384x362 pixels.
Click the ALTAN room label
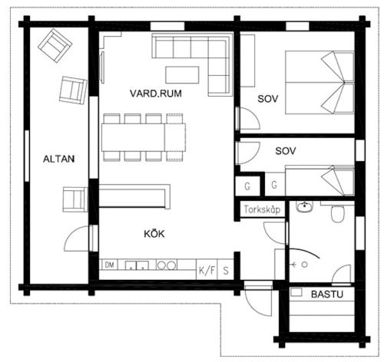tap(58, 159)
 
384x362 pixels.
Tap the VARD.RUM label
tap(156, 94)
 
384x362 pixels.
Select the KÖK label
tap(154, 234)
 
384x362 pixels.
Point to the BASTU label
tap(327, 295)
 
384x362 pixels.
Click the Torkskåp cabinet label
tap(262, 209)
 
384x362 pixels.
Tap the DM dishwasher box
tap(109, 265)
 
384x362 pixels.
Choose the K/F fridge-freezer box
tap(207, 270)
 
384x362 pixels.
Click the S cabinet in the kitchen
tap(226, 270)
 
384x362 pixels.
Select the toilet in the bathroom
tap(337, 213)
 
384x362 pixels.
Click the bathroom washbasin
tap(305, 206)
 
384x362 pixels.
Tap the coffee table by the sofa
tap(182, 75)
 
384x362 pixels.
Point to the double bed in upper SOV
tap(319, 82)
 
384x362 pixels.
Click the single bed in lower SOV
tap(319, 181)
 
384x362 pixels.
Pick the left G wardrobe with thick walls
tap(247, 186)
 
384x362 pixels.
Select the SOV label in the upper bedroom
tap(268, 99)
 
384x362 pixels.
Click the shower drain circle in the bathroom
tap(304, 265)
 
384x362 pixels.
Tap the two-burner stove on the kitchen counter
tap(167, 265)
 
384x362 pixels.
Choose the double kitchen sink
tap(137, 265)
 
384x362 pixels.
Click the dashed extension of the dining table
tap(175, 137)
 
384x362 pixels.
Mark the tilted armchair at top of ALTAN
tap(55, 46)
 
